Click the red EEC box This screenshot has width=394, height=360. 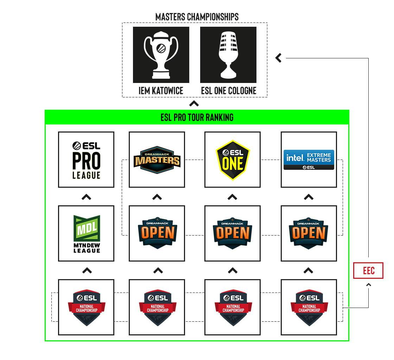368,270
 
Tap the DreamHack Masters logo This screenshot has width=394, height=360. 157,160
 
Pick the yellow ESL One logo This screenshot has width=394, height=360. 233,160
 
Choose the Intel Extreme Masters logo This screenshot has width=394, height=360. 309,160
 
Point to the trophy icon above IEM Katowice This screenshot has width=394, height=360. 161,55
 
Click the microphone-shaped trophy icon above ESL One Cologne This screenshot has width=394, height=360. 228,55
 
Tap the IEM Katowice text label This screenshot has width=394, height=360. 161,91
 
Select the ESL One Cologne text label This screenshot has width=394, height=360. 229,91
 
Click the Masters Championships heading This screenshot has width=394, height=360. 197,17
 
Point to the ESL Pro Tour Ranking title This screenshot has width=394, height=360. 197,117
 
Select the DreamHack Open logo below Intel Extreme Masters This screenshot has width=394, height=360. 309,233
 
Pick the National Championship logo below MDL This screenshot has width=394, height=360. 86,307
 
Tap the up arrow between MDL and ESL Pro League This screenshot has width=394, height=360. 87,197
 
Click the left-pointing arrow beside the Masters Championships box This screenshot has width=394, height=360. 278,58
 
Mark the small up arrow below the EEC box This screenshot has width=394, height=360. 369,285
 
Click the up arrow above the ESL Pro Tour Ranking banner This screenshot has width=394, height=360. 194,103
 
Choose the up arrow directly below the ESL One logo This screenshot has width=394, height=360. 233,197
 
